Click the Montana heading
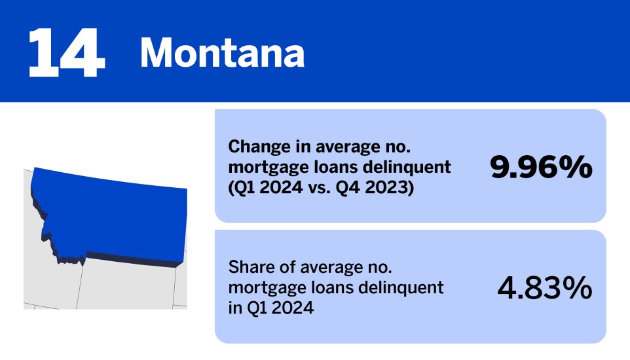(x=222, y=53)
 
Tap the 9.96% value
(x=542, y=168)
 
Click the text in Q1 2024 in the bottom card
(x=270, y=308)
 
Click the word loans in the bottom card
(x=320, y=287)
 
